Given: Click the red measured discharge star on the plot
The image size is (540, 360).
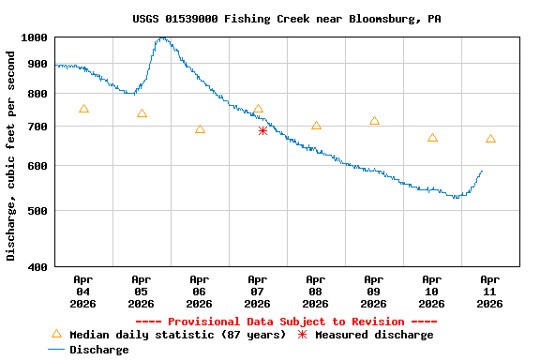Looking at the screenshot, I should [x=262, y=131].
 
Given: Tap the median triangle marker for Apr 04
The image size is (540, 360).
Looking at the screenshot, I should [x=84, y=109].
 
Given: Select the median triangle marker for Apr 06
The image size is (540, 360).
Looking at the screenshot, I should [x=200, y=129].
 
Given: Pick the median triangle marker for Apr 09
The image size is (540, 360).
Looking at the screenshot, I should [x=374, y=121].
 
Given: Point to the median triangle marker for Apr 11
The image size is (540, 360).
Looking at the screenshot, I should [x=490, y=139].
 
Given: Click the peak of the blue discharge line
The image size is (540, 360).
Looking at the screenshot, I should [x=163, y=38].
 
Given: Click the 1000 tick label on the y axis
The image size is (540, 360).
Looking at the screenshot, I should [x=34, y=37].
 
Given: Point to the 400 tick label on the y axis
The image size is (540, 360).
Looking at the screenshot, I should [x=37, y=267].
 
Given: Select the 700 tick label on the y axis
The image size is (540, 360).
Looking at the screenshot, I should [x=37, y=127].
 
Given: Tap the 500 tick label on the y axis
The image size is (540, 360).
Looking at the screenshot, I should [x=37, y=211].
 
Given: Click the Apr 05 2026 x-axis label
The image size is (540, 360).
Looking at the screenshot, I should [x=142, y=292].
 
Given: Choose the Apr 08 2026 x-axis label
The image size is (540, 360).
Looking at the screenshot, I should [x=316, y=292].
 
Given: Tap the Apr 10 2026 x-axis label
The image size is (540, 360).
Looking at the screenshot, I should [x=432, y=292].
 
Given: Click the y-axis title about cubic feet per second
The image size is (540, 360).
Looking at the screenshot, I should [x=11, y=156].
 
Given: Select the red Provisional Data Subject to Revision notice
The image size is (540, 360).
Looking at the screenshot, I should [x=292, y=322].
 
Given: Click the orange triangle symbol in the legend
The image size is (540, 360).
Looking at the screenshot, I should [x=56, y=334].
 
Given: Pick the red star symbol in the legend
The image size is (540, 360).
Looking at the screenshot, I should [x=302, y=335].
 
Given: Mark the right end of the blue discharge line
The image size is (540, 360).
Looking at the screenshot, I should [x=482, y=171].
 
